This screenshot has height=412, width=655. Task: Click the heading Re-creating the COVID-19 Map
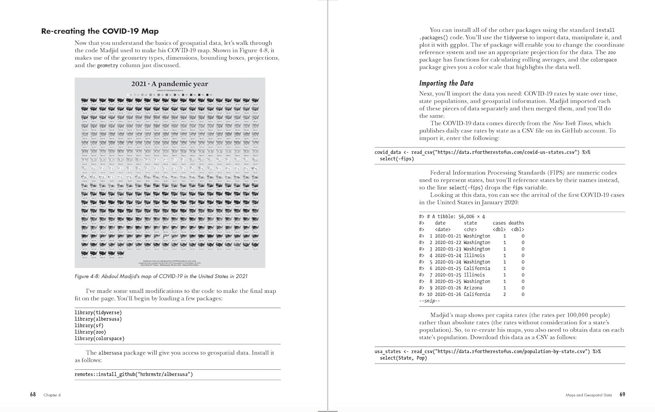pos(100,31)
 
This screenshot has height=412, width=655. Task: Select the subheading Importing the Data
pos(446,83)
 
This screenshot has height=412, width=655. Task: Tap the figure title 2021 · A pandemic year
pos(170,84)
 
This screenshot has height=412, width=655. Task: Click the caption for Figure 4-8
pos(161,276)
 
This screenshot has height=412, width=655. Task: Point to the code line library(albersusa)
pos(98,319)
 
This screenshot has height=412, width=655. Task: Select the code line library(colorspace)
pos(99,339)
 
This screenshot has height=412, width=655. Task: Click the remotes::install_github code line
pos(134,375)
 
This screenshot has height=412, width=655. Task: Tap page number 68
pos(33,395)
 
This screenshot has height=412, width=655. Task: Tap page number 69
pos(622,395)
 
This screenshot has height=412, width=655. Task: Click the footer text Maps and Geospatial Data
pos(588,395)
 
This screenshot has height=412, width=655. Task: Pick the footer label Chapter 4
pos(52,395)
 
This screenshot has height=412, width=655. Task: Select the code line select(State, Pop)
pos(403,358)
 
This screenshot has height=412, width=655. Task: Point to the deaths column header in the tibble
pos(516,223)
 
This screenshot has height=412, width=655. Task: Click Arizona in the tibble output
pos(473,288)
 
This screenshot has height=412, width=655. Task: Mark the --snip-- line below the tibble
pos(429,301)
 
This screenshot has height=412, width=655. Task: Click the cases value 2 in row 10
pos(504,295)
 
